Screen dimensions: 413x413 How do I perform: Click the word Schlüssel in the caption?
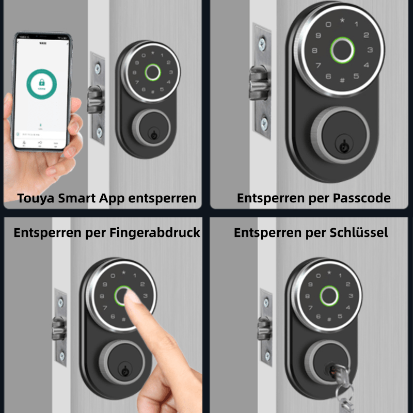361,233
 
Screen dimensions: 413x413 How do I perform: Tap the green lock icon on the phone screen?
38,83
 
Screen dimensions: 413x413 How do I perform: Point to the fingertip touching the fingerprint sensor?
135,303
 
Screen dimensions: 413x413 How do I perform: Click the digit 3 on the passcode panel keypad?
370,51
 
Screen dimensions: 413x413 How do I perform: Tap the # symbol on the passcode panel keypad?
342,81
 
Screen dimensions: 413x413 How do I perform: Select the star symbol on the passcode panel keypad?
342,21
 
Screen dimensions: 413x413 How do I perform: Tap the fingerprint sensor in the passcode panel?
341,51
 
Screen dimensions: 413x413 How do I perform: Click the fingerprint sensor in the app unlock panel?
152,73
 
